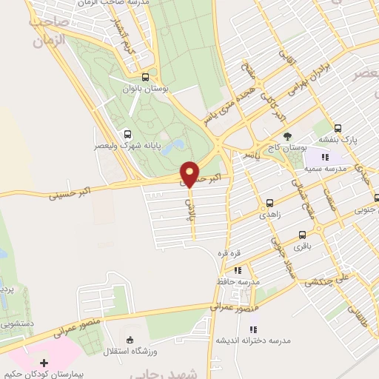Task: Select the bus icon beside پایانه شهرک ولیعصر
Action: click(x=127, y=134)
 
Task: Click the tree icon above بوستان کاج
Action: click(x=288, y=135)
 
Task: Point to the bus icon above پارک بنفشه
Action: click(x=338, y=127)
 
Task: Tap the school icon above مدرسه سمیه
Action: click(x=324, y=156)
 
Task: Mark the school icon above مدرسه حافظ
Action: click(x=238, y=271)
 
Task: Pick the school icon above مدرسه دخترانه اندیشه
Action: click(x=252, y=329)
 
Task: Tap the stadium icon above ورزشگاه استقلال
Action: click(x=131, y=340)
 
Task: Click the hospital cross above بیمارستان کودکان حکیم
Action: click(x=44, y=363)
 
